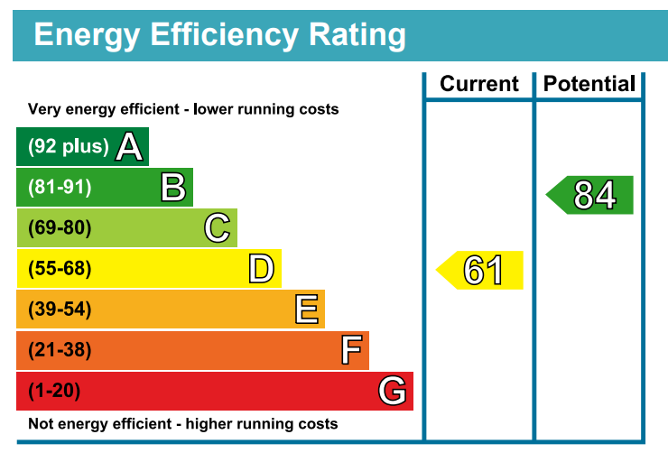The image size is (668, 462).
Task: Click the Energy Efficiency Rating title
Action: point(219,35)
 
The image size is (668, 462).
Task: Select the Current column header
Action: point(479,85)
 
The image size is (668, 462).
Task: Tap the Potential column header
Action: point(589,85)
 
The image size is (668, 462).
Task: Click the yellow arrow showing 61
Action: point(481,270)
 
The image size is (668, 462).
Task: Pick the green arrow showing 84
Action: point(591,195)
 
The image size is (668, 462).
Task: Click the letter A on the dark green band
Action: point(130,147)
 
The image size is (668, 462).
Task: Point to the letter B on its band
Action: point(173,188)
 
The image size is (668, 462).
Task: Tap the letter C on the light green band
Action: point(217,228)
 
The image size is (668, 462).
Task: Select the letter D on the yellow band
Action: point(261,269)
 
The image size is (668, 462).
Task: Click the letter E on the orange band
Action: point(306,310)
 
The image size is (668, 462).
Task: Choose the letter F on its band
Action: point(350,350)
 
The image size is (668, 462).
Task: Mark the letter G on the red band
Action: point(393,391)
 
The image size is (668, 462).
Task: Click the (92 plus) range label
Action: point(69,146)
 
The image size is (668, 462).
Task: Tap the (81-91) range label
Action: point(60,188)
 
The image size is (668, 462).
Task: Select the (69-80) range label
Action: point(60,228)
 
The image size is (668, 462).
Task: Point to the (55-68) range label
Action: point(60,269)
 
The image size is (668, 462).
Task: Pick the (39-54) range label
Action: point(60,310)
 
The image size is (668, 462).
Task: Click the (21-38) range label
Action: point(60,350)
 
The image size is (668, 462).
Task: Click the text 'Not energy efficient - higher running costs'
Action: point(183,423)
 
